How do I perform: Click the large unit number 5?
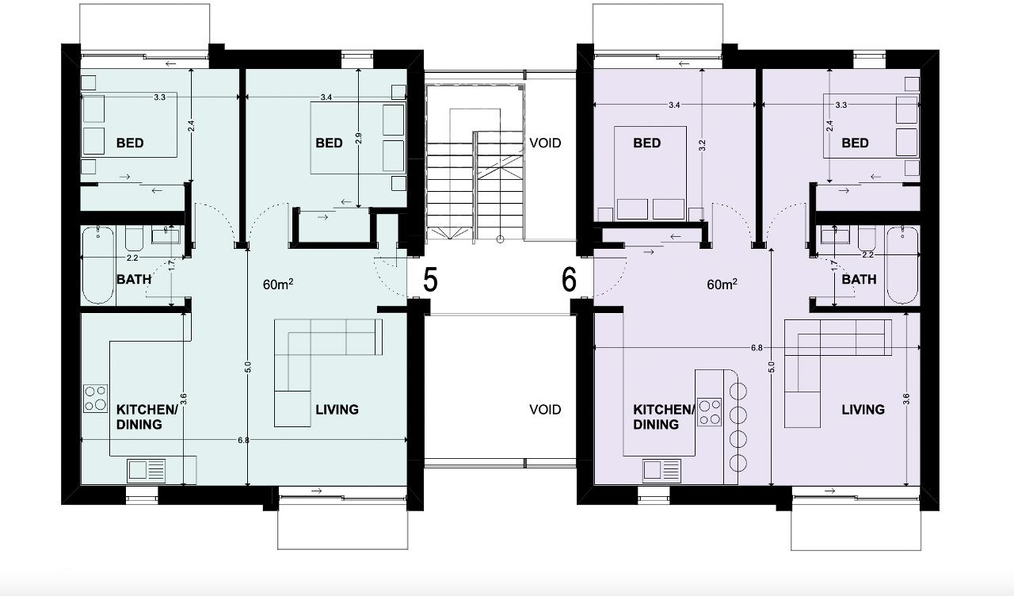(x=430, y=280)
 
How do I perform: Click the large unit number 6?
(x=569, y=280)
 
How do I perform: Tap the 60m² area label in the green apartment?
(x=278, y=285)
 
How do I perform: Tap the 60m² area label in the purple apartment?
(x=722, y=285)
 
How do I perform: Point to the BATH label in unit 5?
(x=134, y=280)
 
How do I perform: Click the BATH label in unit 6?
(x=859, y=280)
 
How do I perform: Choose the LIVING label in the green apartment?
(x=337, y=410)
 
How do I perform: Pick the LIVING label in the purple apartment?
(x=863, y=410)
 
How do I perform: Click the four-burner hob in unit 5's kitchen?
(x=96, y=398)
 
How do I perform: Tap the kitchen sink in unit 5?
(x=147, y=470)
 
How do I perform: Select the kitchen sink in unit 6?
(x=661, y=470)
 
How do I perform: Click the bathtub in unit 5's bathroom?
(x=97, y=265)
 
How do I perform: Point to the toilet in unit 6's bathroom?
(x=867, y=239)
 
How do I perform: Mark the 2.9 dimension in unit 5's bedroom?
(x=359, y=138)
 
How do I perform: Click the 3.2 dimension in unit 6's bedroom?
(x=702, y=145)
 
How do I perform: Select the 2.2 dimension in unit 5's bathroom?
(x=132, y=258)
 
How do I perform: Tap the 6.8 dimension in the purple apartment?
(x=757, y=348)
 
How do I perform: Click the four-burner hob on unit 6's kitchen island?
(x=710, y=411)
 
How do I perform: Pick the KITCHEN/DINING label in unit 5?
(x=147, y=417)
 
